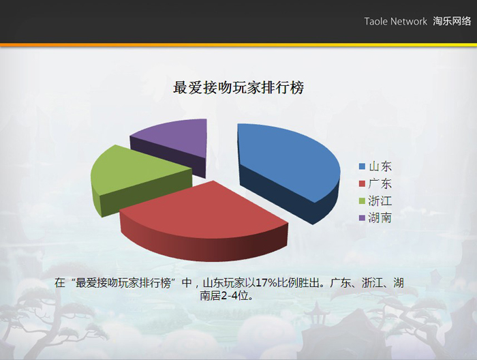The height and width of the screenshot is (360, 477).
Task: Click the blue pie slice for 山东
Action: coord(286,164)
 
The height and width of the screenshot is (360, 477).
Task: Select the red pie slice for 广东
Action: coord(204,222)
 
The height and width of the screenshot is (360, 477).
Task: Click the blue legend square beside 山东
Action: coord(362,166)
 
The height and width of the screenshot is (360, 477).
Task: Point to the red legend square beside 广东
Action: coord(362,183)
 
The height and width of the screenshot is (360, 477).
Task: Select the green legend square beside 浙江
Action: coord(362,201)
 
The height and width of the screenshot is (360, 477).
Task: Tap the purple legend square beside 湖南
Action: coord(362,218)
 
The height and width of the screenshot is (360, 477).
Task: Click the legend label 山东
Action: coord(380,166)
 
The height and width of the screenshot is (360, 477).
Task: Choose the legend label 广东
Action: coord(380,183)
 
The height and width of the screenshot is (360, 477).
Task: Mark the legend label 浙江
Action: coord(380,201)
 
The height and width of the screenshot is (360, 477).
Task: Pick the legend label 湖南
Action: coord(380,218)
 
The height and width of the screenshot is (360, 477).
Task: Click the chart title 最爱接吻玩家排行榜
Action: coord(238,88)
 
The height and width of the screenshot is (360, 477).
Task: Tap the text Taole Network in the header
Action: coord(395,21)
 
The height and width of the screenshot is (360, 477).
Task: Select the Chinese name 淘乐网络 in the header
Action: coord(452,21)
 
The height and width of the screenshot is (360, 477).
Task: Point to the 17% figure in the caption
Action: coord(266,283)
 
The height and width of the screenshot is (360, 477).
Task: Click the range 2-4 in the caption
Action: coord(229,296)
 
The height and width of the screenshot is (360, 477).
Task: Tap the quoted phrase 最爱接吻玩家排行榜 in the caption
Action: coord(123,283)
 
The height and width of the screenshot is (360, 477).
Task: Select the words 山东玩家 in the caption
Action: coord(224,283)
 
